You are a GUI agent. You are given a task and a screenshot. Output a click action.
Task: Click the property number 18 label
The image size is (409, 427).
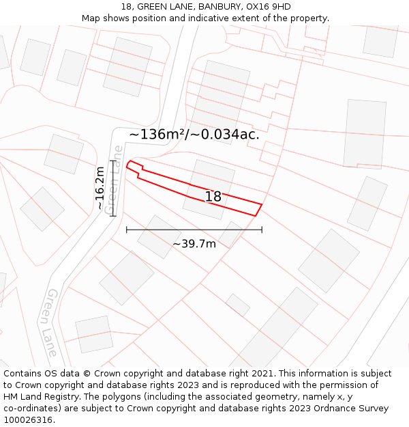pos(213,197)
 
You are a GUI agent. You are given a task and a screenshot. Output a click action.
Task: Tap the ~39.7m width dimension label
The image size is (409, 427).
pos(194,244)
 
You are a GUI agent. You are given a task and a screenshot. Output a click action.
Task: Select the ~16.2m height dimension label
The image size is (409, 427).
pos(100,188)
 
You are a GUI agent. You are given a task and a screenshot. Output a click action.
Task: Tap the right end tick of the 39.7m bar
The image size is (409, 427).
pos(262,230)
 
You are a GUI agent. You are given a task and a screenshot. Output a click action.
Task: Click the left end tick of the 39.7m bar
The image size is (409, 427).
pos(127,230)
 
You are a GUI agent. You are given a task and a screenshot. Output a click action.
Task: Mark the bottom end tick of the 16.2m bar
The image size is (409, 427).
pos(113,216)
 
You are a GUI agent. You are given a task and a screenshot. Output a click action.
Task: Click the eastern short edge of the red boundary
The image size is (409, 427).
pos(259,209)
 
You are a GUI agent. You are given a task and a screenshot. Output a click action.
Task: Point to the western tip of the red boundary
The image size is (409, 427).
pos(127,164)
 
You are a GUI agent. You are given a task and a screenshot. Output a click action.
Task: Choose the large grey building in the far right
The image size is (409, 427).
pos(365,134)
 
